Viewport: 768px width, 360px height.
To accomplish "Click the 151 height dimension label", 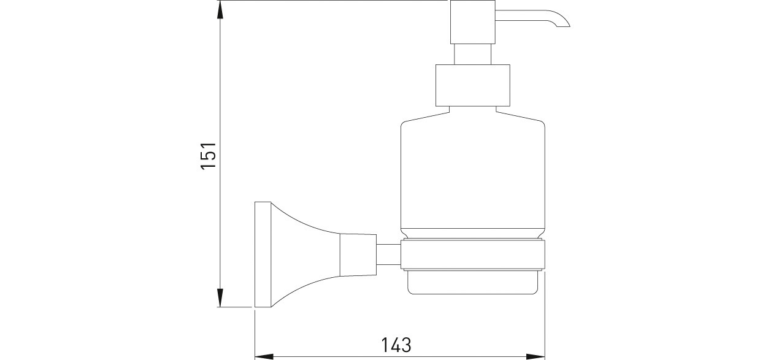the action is click(x=208, y=155).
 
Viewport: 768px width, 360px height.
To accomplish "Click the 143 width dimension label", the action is click(x=396, y=345).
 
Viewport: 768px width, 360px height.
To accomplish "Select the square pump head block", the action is click(x=473, y=22).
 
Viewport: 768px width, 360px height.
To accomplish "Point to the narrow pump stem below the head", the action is click(x=473, y=54).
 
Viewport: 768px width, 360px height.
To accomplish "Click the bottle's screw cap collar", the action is click(x=473, y=85).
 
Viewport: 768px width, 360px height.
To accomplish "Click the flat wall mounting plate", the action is click(x=263, y=254).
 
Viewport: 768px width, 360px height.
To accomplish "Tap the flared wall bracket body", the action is click(x=305, y=254).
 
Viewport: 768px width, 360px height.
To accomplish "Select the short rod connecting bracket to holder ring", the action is click(x=389, y=255).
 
